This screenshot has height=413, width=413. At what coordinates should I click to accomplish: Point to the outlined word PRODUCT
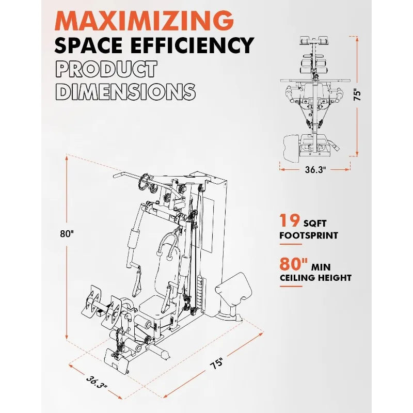[106, 69]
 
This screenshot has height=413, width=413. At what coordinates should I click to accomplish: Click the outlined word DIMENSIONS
[125, 91]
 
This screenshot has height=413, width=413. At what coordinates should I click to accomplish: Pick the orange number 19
[290, 221]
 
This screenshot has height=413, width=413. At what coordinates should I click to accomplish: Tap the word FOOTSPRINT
[309, 235]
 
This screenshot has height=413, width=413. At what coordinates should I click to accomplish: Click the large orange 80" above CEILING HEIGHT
[294, 264]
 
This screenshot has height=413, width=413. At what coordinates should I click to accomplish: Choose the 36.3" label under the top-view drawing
[315, 169]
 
